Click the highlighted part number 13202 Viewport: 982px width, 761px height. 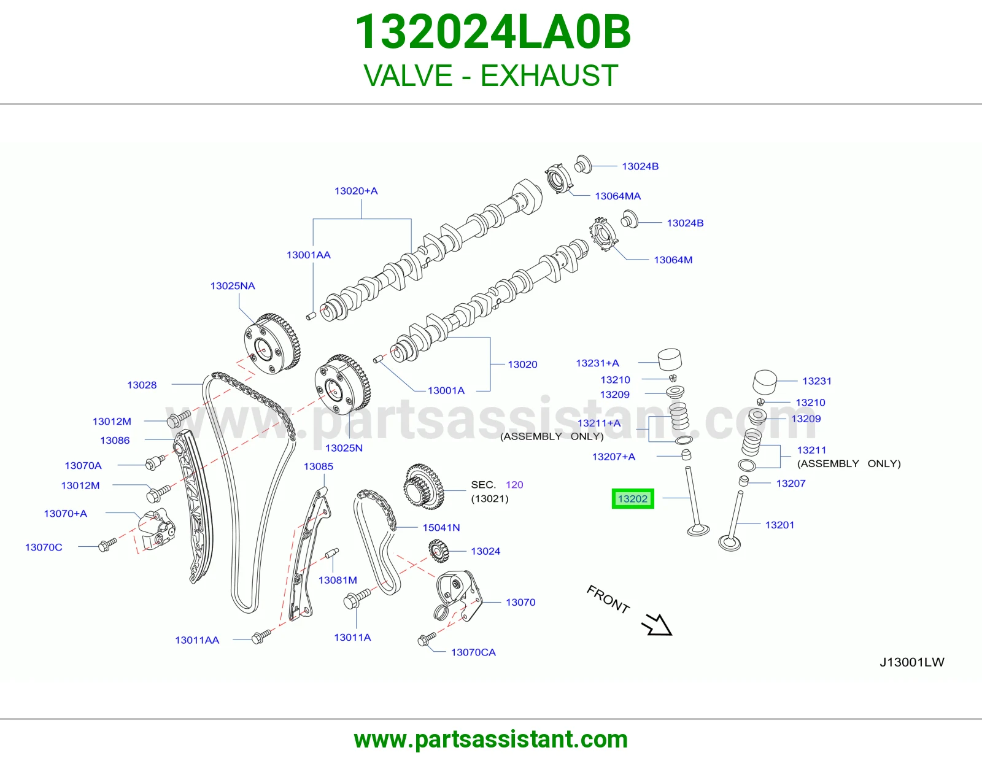pos(633,498)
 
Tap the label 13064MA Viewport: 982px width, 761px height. pos(618,196)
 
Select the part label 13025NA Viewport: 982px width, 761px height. pos(233,286)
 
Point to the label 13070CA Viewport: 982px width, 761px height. pos(473,652)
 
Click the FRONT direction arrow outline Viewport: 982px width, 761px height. pos(657,625)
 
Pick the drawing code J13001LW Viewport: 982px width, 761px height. pos(912,662)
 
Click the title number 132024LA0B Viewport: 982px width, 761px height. pos(493,33)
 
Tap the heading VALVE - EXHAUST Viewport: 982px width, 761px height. pos(491,75)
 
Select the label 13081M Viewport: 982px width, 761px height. pos(338,580)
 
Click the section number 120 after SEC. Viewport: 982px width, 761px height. pos(514,485)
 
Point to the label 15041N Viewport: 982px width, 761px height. pos(441,527)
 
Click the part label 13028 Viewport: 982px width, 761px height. pos(142,385)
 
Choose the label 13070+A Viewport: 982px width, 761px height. pos(66,513)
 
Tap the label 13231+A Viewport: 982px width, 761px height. pos(597,363)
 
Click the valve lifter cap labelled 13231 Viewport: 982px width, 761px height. pos(765,382)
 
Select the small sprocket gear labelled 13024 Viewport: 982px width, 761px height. pos(438,552)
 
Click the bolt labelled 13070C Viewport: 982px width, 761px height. pos(107,545)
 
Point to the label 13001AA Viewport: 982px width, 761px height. pos(309,255)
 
